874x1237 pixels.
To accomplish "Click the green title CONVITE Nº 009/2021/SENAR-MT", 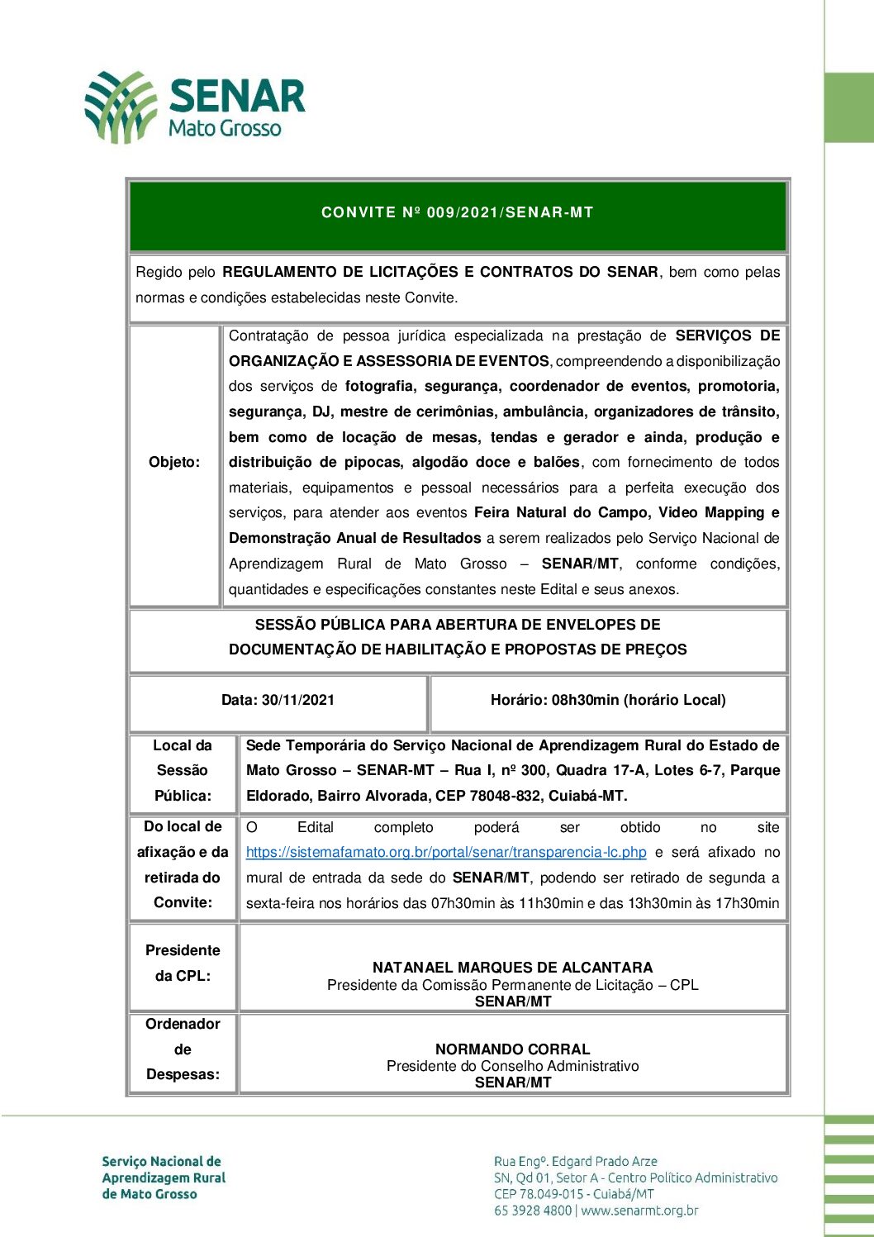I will click(458, 212).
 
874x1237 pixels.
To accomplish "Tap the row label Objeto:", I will click(174, 462).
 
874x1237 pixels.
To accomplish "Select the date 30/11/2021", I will click(298, 700).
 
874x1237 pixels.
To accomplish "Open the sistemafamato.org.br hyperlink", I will click(446, 852).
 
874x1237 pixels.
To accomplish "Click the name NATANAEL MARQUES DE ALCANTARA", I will click(512, 967).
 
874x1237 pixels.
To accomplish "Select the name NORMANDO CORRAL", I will click(512, 1049).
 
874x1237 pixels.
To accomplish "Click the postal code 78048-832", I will click(563, 796).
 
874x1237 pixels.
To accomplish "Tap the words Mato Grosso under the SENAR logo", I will click(225, 128).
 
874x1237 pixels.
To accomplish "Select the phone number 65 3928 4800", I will click(533, 1211).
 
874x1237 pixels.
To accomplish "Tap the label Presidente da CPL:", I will click(183, 963).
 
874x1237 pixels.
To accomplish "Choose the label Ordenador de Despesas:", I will click(183, 1049).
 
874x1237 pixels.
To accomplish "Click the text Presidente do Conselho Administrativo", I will click(512, 1066).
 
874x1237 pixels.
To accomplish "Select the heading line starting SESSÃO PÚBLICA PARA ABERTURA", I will click(458, 625).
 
